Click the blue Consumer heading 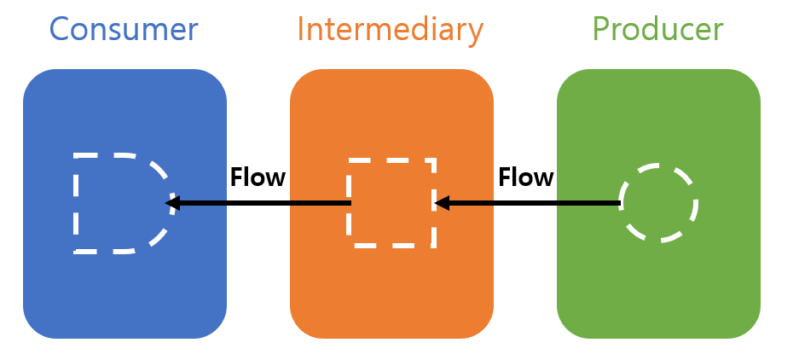click(x=124, y=29)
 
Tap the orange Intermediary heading click(x=390, y=29)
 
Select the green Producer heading click(x=657, y=29)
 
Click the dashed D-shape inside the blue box click(x=119, y=203)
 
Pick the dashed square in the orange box click(x=391, y=203)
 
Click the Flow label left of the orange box click(x=258, y=177)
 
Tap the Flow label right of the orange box click(x=525, y=177)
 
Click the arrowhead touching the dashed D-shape click(x=171, y=203)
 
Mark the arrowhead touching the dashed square click(x=440, y=203)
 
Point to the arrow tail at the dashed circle click(x=617, y=203)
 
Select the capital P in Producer click(x=601, y=29)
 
